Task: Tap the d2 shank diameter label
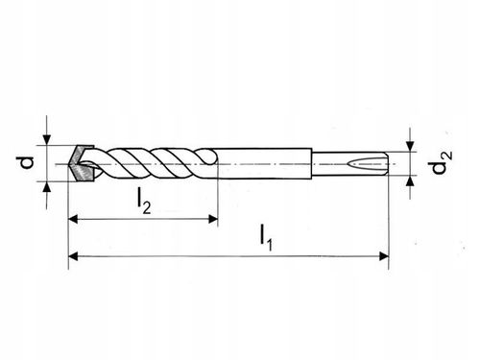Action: pyautogui.click(x=438, y=165)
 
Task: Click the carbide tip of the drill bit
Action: pyautogui.click(x=82, y=163)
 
